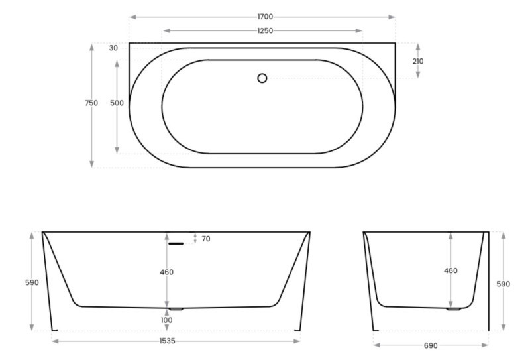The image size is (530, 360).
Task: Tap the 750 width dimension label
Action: click(x=91, y=103)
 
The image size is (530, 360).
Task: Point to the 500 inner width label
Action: click(x=117, y=103)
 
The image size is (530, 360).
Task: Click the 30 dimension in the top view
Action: click(x=114, y=48)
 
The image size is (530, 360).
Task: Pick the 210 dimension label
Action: click(x=417, y=61)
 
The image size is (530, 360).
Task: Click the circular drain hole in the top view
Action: click(x=262, y=78)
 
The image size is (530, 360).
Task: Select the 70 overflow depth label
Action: click(x=206, y=239)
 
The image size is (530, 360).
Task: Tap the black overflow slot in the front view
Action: click(x=176, y=244)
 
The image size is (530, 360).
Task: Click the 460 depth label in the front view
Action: click(x=166, y=272)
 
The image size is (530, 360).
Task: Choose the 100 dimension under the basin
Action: click(x=166, y=320)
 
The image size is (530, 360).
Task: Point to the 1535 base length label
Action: click(x=176, y=341)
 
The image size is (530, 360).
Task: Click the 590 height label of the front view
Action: click(x=32, y=282)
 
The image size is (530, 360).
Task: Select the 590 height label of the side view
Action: click(x=503, y=284)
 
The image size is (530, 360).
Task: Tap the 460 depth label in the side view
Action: click(x=450, y=270)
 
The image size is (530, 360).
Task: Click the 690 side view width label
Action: click(x=430, y=345)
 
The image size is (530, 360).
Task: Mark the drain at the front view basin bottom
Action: click(x=176, y=309)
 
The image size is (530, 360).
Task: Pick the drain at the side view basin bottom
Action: click(x=453, y=309)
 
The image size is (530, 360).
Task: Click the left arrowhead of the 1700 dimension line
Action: click(x=132, y=17)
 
